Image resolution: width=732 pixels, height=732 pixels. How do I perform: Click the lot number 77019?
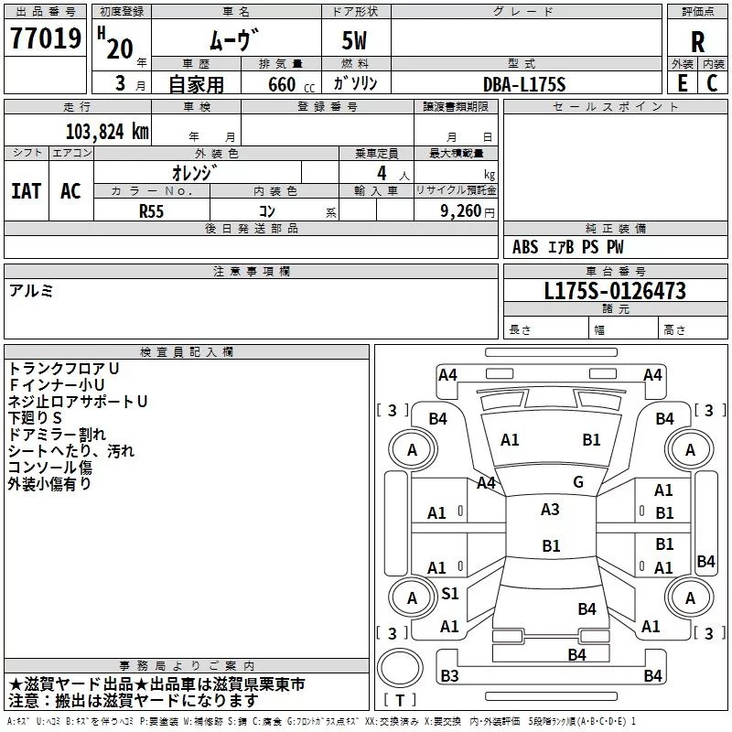point(45,40)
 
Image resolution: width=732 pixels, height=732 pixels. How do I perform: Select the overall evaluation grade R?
point(697,42)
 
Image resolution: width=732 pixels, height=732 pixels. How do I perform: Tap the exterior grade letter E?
point(682,82)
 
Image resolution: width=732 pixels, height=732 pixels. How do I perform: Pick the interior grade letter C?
point(713,82)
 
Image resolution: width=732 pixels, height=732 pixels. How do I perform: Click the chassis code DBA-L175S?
point(525,84)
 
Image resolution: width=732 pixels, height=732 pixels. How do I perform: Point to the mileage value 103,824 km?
point(106,131)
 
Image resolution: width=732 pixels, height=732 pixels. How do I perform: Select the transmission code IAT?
point(26,190)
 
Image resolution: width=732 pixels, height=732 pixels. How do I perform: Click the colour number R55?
point(152,210)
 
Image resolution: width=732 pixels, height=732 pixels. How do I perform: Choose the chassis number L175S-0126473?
point(615,292)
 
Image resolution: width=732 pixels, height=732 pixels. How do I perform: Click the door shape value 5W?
point(356,41)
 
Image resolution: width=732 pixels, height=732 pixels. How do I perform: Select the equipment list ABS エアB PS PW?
point(567,247)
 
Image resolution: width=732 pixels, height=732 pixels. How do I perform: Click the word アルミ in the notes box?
point(31,290)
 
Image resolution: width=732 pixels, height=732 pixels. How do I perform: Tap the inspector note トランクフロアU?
point(64,368)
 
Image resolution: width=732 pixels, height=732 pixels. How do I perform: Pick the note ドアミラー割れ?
point(57,434)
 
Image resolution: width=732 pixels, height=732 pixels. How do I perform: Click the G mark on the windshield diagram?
point(578,481)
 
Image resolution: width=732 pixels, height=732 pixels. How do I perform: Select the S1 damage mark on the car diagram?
point(450,594)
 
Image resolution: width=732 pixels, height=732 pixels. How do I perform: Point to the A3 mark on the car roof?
point(550,510)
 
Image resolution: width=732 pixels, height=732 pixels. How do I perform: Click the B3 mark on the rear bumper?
point(449,676)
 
